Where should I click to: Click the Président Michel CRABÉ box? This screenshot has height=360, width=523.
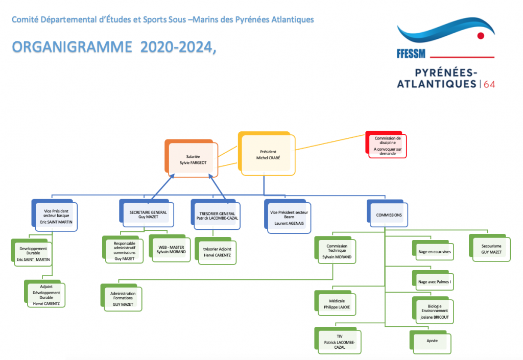point(268,155)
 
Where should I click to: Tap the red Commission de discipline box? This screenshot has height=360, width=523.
point(387,145)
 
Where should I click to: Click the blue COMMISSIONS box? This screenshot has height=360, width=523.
point(389,215)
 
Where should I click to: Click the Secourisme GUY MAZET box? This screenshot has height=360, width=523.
point(490,248)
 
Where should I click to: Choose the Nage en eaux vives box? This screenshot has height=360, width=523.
point(434,251)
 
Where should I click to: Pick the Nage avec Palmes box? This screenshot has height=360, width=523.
point(434,281)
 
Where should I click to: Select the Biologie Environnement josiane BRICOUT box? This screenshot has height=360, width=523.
point(433,310)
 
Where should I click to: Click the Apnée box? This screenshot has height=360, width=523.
point(432,341)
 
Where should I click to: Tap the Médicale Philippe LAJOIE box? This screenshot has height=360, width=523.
point(337,304)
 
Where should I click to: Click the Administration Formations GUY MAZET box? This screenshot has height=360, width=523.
point(122,298)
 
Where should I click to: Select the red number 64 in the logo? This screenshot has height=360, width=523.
point(489,84)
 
